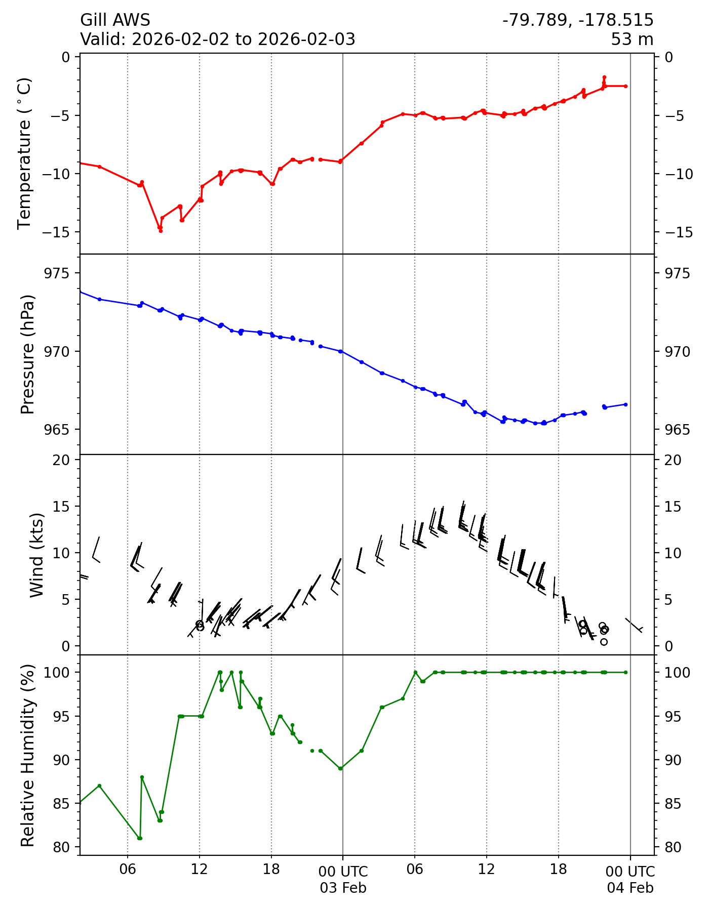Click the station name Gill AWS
pos(115,20)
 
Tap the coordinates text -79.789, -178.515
pos(578,20)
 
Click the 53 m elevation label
pos(632,39)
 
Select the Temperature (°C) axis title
pos(24,153)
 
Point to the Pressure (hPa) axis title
pos(28,354)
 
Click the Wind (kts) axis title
pos(36,555)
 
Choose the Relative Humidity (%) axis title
pos(28,755)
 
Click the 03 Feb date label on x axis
pos(343,888)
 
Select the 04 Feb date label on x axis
pos(630,888)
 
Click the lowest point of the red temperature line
pos(161,231)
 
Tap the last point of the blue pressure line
pos(625,404)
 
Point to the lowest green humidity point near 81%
pos(140,838)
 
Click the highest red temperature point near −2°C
pos(604,77)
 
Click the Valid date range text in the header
pos(218,39)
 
